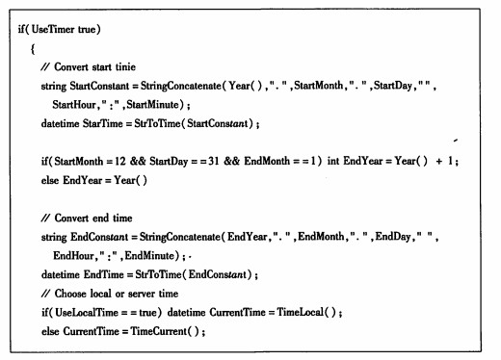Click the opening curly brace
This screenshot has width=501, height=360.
(x=33, y=49)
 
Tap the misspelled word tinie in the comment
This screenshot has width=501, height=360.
(x=125, y=66)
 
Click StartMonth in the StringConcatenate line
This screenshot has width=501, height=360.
(x=319, y=86)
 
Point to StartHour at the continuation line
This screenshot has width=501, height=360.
(x=74, y=105)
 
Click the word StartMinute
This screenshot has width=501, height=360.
(x=152, y=105)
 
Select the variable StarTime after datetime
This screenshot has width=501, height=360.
(x=103, y=123)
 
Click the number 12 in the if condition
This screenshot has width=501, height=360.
(x=120, y=161)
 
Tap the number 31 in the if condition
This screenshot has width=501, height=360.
(x=214, y=161)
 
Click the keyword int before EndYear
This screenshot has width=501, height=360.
(x=333, y=161)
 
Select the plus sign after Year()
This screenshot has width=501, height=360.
(x=439, y=161)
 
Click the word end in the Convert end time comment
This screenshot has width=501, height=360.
(x=100, y=219)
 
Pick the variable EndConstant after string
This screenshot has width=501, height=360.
(x=99, y=237)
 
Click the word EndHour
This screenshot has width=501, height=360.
(x=73, y=256)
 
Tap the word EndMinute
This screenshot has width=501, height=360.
(x=150, y=256)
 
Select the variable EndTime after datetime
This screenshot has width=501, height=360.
(x=103, y=274)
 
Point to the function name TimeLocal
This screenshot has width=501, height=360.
(x=301, y=312)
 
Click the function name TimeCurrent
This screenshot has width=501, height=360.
(x=159, y=331)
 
